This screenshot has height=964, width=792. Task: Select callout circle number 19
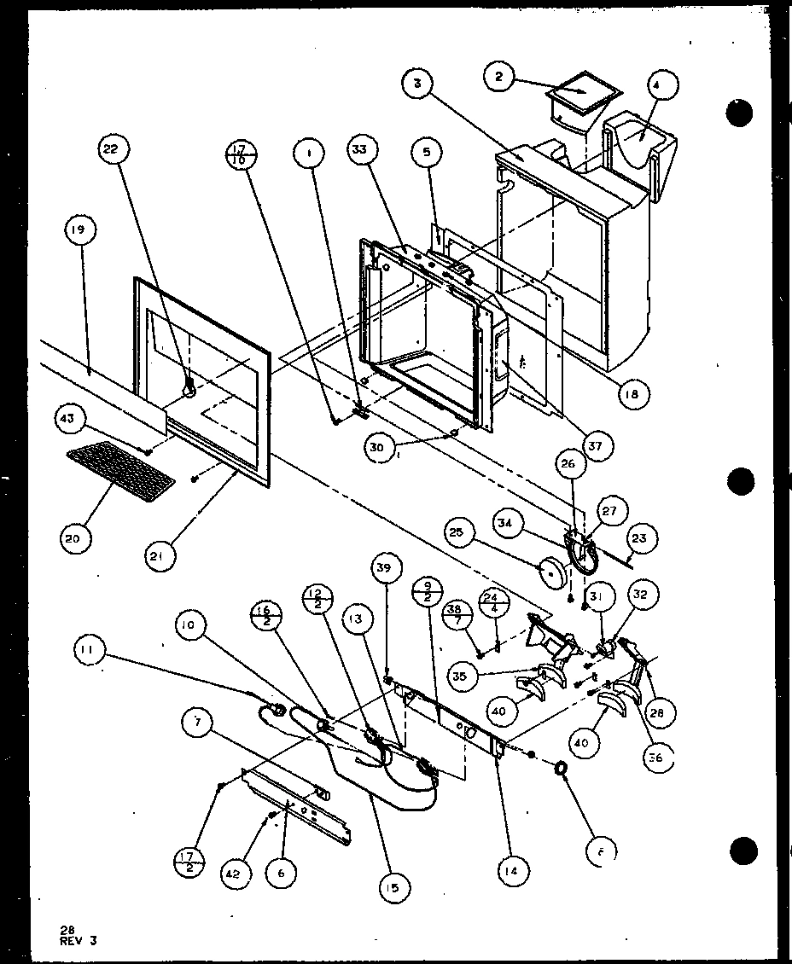(x=84, y=230)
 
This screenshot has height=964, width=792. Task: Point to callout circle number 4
(x=663, y=85)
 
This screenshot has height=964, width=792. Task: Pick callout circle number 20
(x=77, y=538)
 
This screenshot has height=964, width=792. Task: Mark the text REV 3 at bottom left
(x=79, y=940)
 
